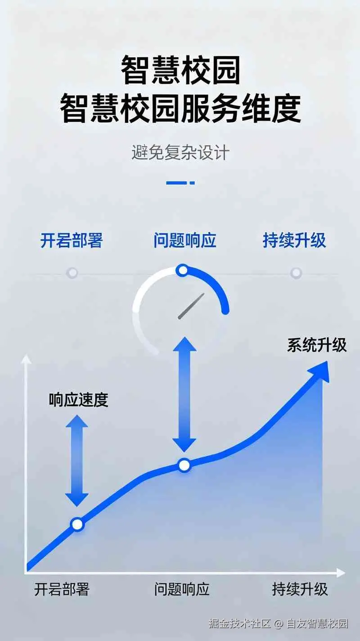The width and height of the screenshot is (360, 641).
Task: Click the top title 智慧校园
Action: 180,69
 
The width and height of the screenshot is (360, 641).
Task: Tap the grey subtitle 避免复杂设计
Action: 180,152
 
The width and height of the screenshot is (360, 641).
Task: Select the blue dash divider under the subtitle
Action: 180,183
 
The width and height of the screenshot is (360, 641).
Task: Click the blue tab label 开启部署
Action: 72,240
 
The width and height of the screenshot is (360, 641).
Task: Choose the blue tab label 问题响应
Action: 185,240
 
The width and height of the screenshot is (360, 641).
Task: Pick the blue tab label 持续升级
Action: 294,240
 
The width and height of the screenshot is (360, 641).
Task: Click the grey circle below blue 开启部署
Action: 72,273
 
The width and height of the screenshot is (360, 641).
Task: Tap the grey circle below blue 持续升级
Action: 296,273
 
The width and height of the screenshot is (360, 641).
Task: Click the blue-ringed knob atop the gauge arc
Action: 183,270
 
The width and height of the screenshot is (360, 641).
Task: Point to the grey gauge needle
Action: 191,306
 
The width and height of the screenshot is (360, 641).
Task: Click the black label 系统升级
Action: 317,345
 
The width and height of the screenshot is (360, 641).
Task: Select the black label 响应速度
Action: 78,400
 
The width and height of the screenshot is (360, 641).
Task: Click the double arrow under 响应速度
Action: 76,460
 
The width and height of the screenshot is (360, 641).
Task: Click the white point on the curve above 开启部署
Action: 77,524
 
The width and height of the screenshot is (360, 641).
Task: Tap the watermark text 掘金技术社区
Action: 240,623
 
